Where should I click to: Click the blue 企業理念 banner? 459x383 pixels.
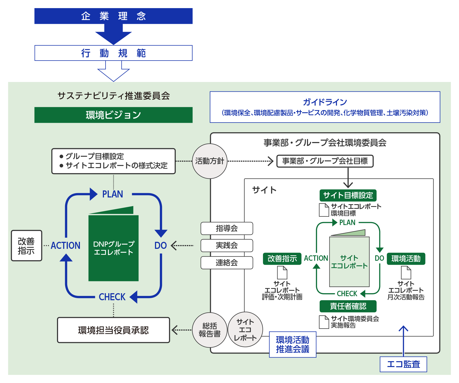(x=113, y=16)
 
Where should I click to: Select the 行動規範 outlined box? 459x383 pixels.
(x=113, y=53)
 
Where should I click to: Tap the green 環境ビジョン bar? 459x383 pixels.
(x=113, y=115)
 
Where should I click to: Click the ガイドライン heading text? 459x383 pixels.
(x=325, y=102)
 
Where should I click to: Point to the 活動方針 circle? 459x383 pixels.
(x=210, y=161)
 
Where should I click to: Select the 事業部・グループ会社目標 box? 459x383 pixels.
(x=325, y=161)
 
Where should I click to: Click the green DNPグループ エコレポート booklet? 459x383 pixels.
(x=113, y=247)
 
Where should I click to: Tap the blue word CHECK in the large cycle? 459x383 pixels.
(x=112, y=297)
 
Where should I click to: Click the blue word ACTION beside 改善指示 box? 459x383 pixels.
(x=66, y=246)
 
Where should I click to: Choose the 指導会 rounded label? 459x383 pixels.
(x=227, y=229)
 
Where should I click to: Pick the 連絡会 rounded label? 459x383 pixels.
(x=227, y=263)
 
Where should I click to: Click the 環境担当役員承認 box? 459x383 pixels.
(x=113, y=330)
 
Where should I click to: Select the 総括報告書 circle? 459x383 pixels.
(x=210, y=330)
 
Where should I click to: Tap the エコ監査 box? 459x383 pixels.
(x=403, y=364)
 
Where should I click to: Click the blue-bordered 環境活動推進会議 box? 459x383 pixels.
(x=293, y=345)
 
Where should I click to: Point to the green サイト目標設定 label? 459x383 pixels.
(x=348, y=195)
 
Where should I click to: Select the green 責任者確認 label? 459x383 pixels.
(x=348, y=306)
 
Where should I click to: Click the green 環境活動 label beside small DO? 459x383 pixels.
(x=406, y=259)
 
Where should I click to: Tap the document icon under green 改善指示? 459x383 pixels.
(x=282, y=273)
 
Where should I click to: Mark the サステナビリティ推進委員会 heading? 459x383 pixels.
(x=113, y=96)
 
